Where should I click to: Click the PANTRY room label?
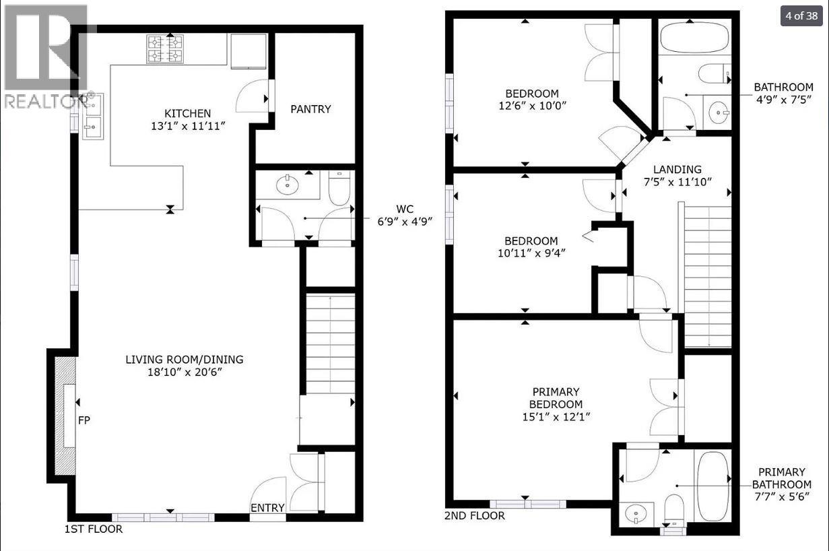click(310, 109)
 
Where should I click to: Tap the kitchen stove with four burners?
click(165, 48)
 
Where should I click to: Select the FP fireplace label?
click(84, 420)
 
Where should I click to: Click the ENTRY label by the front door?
click(267, 508)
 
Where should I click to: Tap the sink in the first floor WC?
click(288, 183)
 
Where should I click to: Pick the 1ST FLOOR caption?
click(94, 529)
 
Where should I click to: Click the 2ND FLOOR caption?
click(474, 516)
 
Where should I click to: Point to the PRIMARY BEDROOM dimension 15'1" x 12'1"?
click(556, 416)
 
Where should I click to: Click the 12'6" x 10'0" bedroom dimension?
click(532, 106)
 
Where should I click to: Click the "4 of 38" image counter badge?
click(801, 15)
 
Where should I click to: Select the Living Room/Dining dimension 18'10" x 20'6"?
click(184, 372)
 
